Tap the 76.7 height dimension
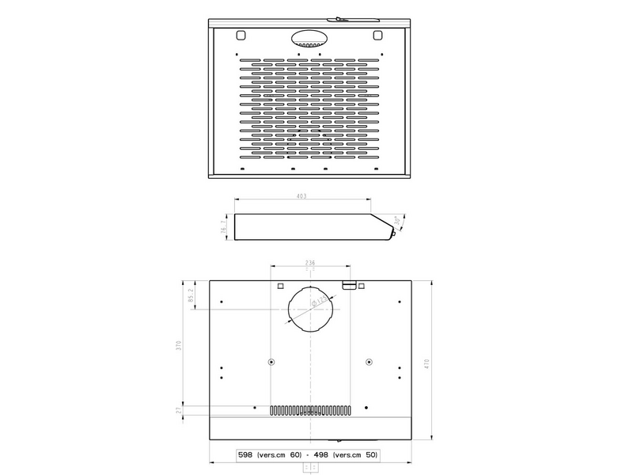pyautogui.click(x=223, y=228)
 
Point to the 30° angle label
pyautogui.click(x=397, y=222)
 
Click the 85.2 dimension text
pyautogui.click(x=191, y=295)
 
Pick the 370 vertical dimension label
pyautogui.click(x=180, y=346)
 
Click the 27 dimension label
pyautogui.click(x=180, y=410)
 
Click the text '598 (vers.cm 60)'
pyautogui.click(x=269, y=456)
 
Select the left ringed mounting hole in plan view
pyautogui.click(x=271, y=363)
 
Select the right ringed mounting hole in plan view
pyautogui.click(x=369, y=363)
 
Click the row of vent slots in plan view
pyautogui.click(x=310, y=412)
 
